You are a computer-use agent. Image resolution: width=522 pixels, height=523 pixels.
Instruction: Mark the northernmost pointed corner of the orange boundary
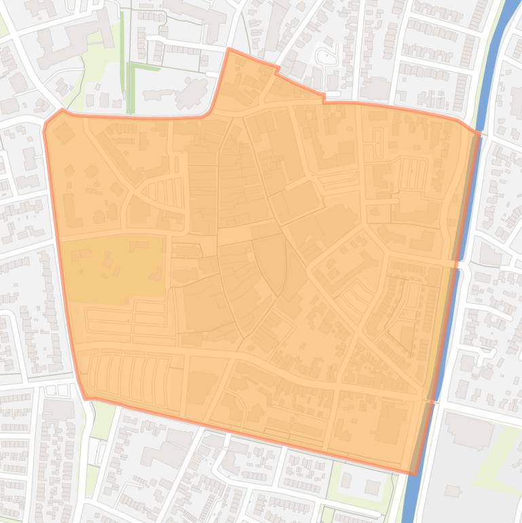click(x=229, y=50)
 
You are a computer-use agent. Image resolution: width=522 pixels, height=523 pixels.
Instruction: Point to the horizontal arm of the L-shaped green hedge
click(x=144, y=67)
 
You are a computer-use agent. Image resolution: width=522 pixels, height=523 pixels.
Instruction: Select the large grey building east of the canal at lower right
click(x=468, y=431)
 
